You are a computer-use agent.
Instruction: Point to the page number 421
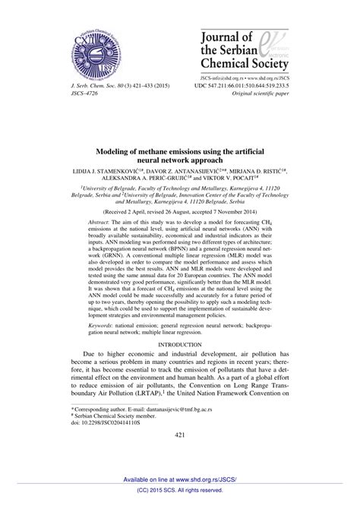pos(180,457)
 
